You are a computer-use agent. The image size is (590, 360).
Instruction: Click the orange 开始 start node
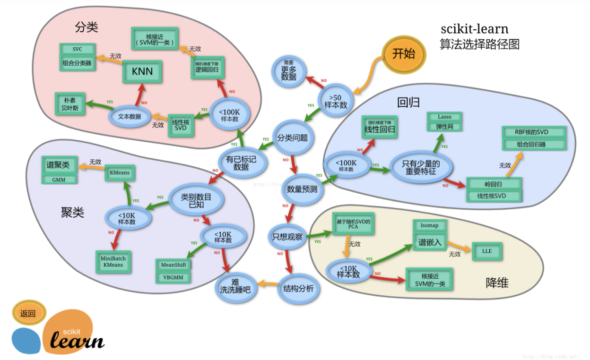pos(403,53)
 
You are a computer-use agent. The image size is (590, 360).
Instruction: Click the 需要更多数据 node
pos(288,71)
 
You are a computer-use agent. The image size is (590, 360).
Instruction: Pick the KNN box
pos(142,72)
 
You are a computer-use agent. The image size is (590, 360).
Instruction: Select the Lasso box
pos(444,117)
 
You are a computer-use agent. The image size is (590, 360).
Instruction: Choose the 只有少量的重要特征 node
pos(421,167)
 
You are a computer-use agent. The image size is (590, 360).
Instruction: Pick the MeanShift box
pos(174,265)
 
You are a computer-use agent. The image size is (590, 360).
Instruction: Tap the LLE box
pos(487,251)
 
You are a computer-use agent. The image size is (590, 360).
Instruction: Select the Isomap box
pos(429,225)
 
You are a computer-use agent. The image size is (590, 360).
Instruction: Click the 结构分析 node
pos(298,288)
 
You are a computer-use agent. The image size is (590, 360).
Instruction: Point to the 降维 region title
pos(497,283)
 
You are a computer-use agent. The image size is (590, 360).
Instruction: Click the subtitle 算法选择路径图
pos(479,44)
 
